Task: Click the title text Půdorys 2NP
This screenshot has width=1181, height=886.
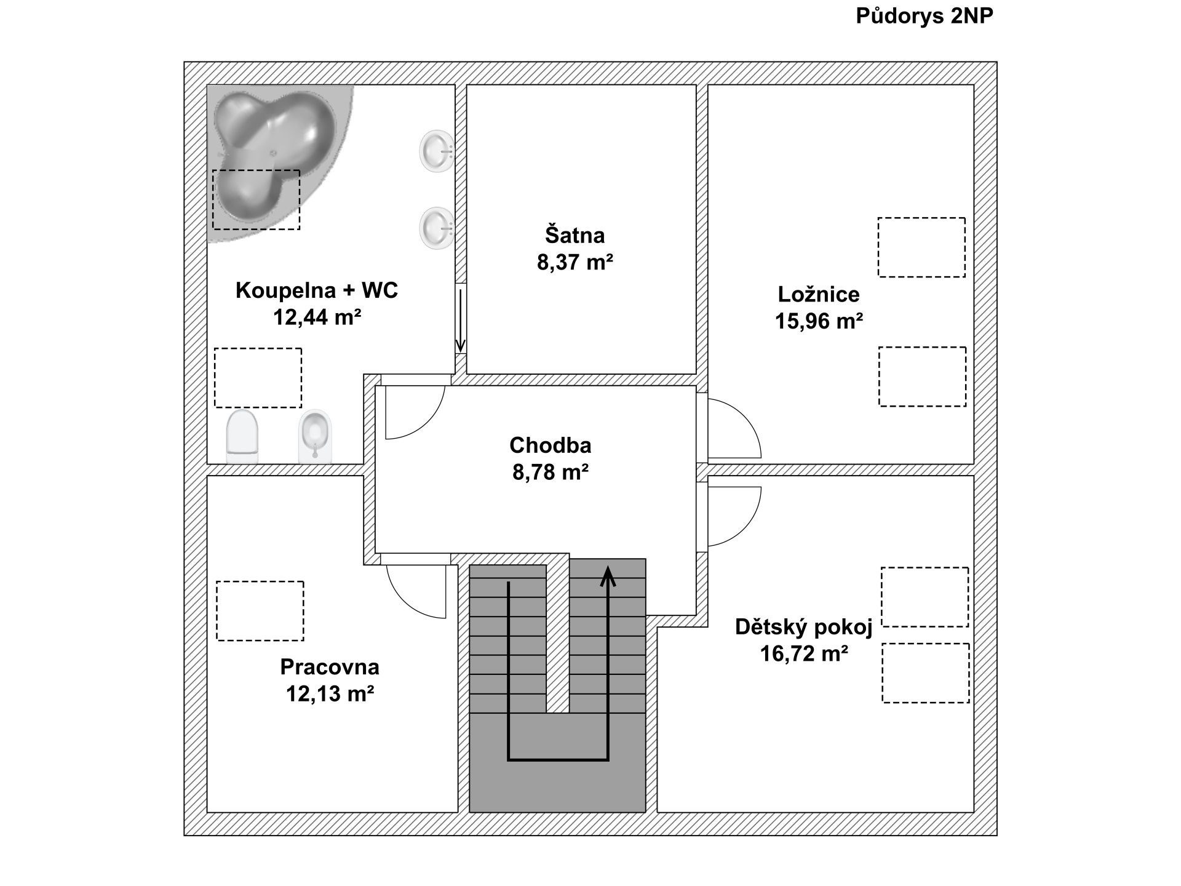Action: pyautogui.click(x=925, y=17)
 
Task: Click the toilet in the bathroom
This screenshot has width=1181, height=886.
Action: pyautogui.click(x=242, y=436)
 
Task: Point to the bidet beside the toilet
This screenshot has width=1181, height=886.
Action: pyautogui.click(x=315, y=436)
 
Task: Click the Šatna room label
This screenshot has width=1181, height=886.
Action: pyautogui.click(x=575, y=235)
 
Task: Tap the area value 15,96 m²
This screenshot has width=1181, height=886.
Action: pyautogui.click(x=819, y=321)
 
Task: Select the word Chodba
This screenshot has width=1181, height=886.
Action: pyautogui.click(x=551, y=445)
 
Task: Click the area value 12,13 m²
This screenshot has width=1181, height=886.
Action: pyautogui.click(x=330, y=693)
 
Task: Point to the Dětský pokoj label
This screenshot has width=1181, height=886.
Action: pyautogui.click(x=804, y=627)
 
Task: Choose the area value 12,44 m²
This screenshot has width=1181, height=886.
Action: pyautogui.click(x=317, y=317)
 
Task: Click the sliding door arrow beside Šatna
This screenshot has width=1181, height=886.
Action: pyautogui.click(x=460, y=321)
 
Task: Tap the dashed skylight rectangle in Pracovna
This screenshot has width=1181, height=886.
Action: pyautogui.click(x=260, y=611)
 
